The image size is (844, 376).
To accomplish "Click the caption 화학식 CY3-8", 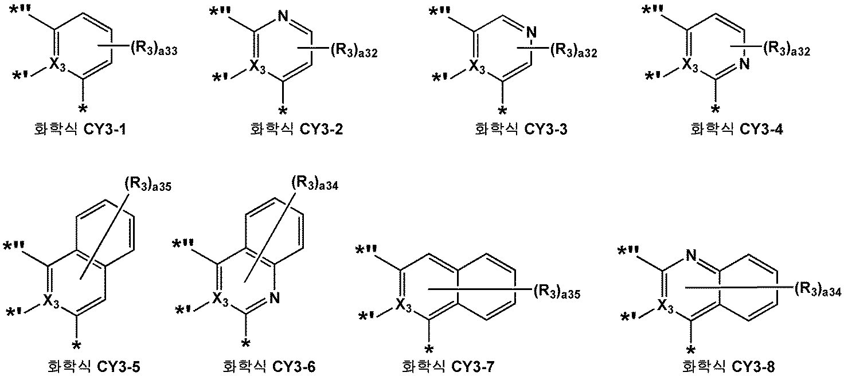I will [721, 365].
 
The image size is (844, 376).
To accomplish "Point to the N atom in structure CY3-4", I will [744, 64].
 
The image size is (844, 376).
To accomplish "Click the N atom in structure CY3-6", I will [274, 297].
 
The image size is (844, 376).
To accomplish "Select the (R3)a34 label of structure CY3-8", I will [818, 291].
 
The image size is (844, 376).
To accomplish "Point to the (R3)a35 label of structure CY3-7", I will [556, 294].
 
